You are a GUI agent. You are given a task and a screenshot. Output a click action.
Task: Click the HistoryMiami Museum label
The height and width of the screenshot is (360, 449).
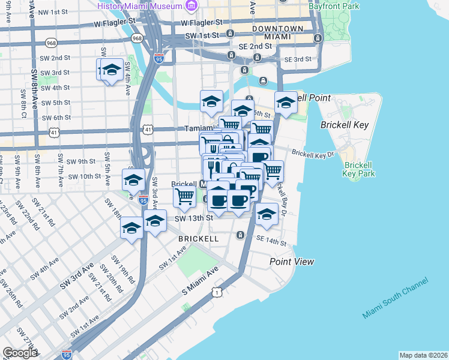click(141, 5)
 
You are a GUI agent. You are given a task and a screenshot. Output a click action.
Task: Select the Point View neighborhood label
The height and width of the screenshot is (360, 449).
click(292, 262)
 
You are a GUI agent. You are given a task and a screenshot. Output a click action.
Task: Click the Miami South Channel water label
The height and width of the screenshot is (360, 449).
click(395, 298)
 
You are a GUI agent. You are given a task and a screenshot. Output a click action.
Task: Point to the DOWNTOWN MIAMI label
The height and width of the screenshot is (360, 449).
click(278, 32)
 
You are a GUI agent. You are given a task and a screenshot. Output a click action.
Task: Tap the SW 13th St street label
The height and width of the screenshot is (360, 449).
click(194, 218)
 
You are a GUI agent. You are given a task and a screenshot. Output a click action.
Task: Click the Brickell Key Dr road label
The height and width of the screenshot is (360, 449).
click(313, 154)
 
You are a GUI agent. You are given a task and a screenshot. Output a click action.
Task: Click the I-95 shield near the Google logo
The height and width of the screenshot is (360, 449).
click(67, 355)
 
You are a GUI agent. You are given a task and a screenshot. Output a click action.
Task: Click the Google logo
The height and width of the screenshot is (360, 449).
click(20, 353)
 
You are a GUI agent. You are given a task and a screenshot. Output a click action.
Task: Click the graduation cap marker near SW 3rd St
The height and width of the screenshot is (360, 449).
click(110, 70)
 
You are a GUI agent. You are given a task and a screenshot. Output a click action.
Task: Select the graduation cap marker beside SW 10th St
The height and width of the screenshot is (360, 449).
click(133, 179)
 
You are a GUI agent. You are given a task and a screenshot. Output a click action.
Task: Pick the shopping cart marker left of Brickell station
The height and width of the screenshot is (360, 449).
click(185, 196)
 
